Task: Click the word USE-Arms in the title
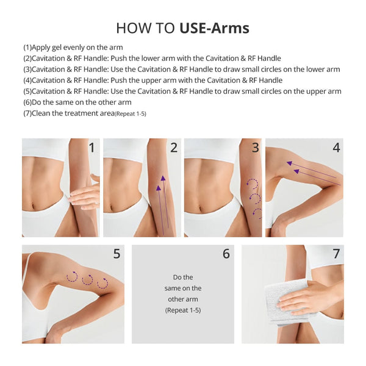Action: coord(214,28)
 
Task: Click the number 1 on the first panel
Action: coord(92,148)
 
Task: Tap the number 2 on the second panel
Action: coord(174,148)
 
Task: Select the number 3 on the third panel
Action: coord(255,148)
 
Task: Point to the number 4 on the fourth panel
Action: coord(336,148)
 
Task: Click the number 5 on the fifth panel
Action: coord(117,254)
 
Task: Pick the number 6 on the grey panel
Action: coord(226,254)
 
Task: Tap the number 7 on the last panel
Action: coord(336,254)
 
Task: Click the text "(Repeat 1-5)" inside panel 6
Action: coord(183,310)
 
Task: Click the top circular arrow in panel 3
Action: coord(251,183)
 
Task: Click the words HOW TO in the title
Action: coord(146,28)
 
